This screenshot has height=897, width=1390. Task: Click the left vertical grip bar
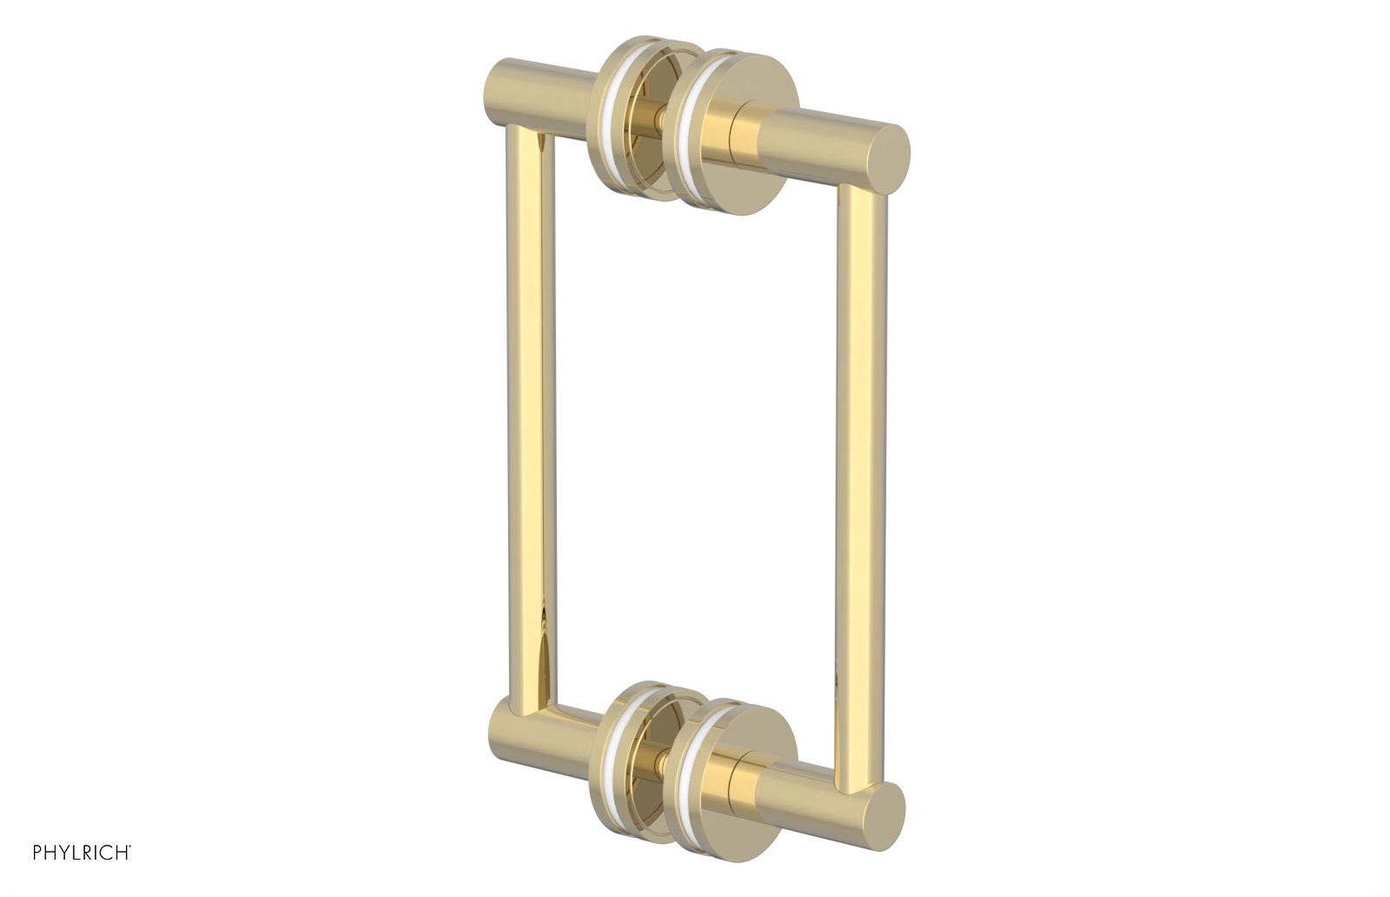525,417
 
